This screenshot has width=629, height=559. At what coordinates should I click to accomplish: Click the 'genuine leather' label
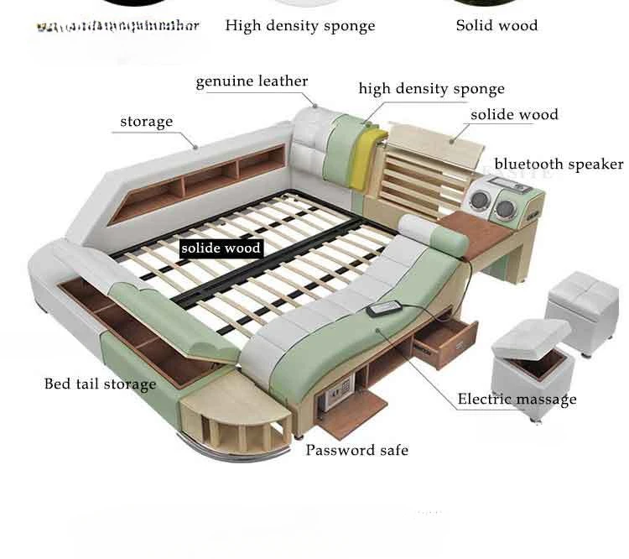pos(252,81)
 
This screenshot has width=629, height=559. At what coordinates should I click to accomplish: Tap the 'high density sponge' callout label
pos(431,89)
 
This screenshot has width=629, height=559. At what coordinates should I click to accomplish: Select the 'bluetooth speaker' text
pos(559,164)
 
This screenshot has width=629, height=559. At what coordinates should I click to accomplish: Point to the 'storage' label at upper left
pos(146,122)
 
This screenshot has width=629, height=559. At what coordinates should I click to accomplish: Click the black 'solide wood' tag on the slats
pos(221,248)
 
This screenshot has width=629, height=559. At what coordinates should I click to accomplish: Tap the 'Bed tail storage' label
pos(100,384)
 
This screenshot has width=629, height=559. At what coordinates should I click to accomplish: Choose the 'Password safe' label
pos(356,450)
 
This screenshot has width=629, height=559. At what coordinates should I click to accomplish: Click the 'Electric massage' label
pos(517,399)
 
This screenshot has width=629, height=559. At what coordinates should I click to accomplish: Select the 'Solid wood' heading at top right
pos(496,25)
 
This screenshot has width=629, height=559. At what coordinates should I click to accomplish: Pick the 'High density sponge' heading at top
pos(299,25)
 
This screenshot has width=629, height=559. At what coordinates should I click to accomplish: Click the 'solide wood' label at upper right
pos(514,115)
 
